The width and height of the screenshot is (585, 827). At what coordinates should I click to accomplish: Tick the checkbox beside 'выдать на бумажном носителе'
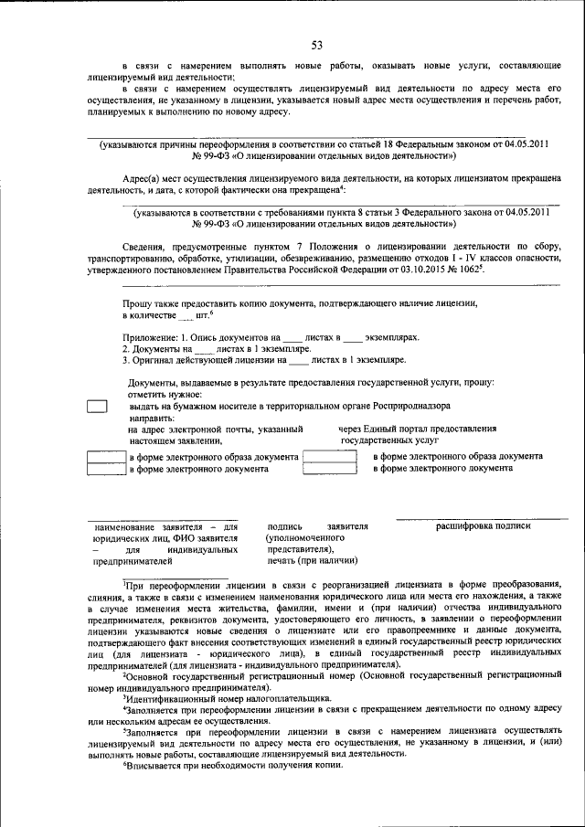coord(97,407)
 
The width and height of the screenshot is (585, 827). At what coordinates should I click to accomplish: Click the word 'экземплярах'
coord(393,338)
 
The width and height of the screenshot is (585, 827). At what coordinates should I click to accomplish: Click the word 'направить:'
coord(151,417)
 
